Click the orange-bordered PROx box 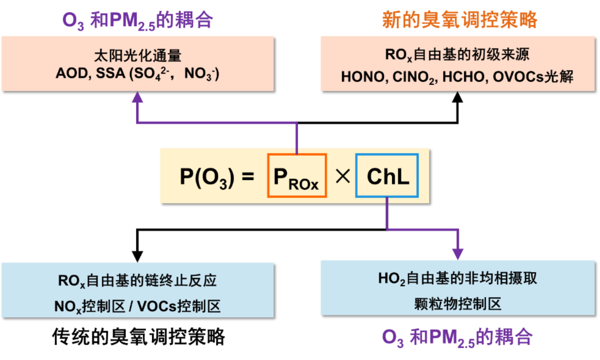(297, 175)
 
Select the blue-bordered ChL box (387, 175)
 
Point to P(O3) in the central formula (207, 178)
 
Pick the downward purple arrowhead (458, 254)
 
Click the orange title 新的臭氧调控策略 (460, 20)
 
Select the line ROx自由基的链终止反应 (138, 281)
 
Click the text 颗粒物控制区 (458, 304)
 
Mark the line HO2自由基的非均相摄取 (458, 279)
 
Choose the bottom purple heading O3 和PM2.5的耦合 (457, 338)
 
